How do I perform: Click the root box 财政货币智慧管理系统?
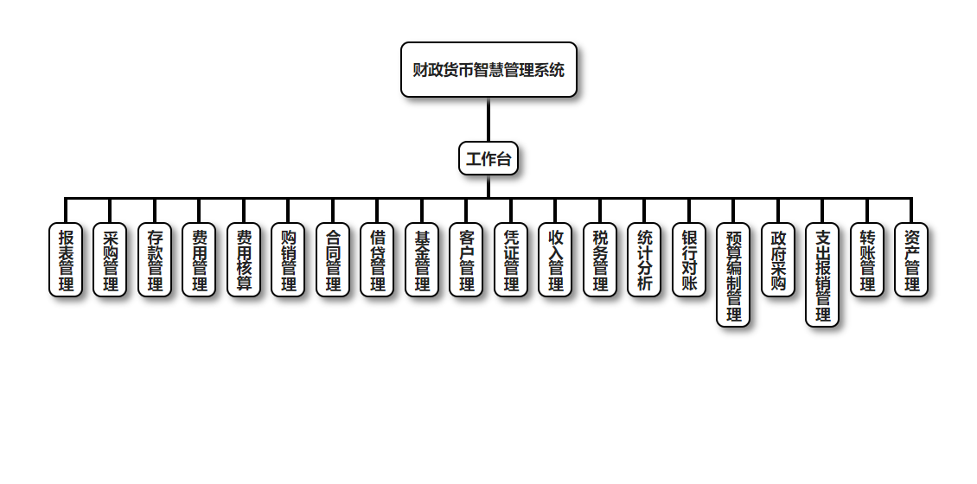[x=488, y=70]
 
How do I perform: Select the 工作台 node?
[x=488, y=159]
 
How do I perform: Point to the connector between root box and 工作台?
[x=488, y=119]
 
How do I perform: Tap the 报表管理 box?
[x=66, y=259]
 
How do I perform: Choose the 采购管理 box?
[x=110, y=259]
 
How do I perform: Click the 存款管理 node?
[x=155, y=259]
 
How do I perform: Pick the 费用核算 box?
[x=244, y=259]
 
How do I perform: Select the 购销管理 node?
[x=288, y=259]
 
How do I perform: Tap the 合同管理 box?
[x=333, y=259]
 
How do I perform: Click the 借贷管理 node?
[x=377, y=259]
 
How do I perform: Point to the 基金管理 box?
[x=422, y=259]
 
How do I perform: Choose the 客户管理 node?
[x=466, y=259]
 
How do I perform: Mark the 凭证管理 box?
[x=511, y=259]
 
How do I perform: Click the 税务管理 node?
[x=600, y=259]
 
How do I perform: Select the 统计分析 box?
[x=644, y=259]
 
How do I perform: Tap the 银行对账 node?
[x=689, y=259]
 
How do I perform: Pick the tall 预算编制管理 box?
[x=733, y=275]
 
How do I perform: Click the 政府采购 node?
[x=778, y=259]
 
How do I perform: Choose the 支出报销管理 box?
[x=822, y=275]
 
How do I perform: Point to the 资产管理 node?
[x=911, y=259]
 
